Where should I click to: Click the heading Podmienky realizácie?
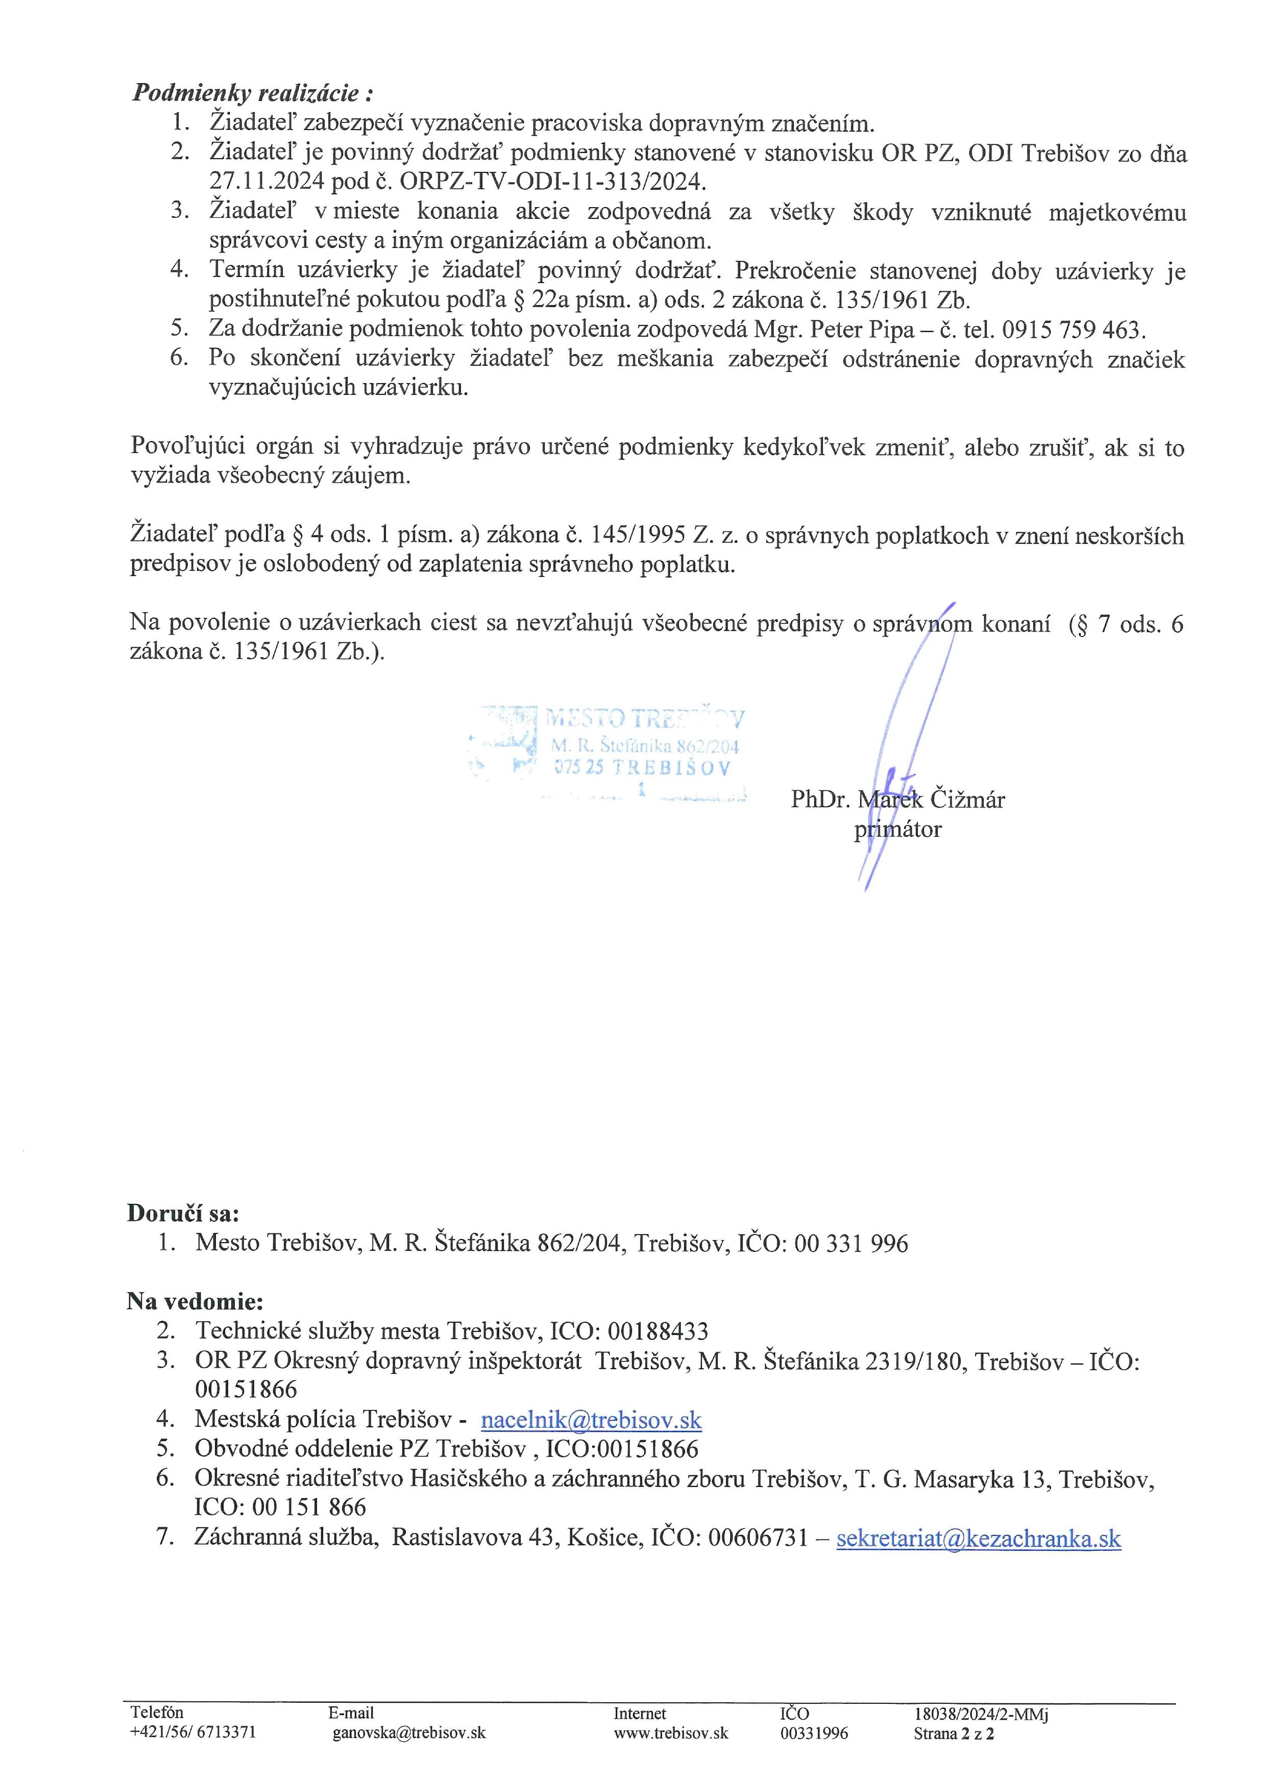click(x=252, y=93)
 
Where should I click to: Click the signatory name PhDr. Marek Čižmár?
click(x=897, y=799)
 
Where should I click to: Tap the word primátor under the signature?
click(x=897, y=829)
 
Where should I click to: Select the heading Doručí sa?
click(x=183, y=1213)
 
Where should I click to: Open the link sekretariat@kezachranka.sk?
click(x=979, y=1538)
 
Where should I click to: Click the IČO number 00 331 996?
click(x=851, y=1243)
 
